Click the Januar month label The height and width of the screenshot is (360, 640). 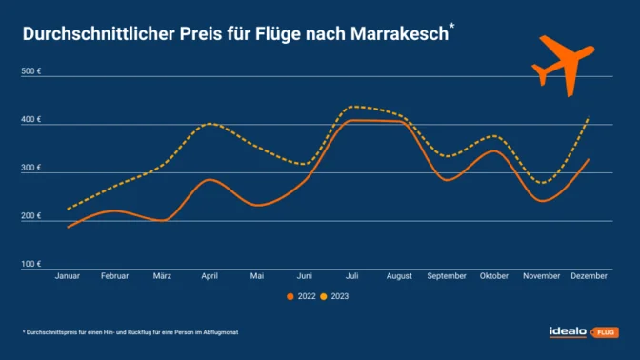(x=67, y=275)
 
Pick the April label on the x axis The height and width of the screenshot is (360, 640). (x=210, y=275)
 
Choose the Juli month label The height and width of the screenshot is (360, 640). (x=352, y=275)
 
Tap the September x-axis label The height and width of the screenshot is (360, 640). (x=447, y=275)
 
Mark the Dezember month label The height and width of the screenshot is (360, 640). (x=590, y=275)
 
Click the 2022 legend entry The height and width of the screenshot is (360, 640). (x=304, y=296)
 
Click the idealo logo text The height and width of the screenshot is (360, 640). (x=569, y=331)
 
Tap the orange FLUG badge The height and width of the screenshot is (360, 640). (x=606, y=332)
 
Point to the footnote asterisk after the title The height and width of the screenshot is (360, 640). (x=451, y=28)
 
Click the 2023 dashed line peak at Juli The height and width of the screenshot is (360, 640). (x=354, y=107)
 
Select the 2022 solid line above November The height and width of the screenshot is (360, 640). (x=541, y=200)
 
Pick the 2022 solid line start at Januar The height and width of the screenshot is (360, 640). (x=69, y=227)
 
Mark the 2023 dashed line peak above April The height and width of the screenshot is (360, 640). (x=210, y=123)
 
